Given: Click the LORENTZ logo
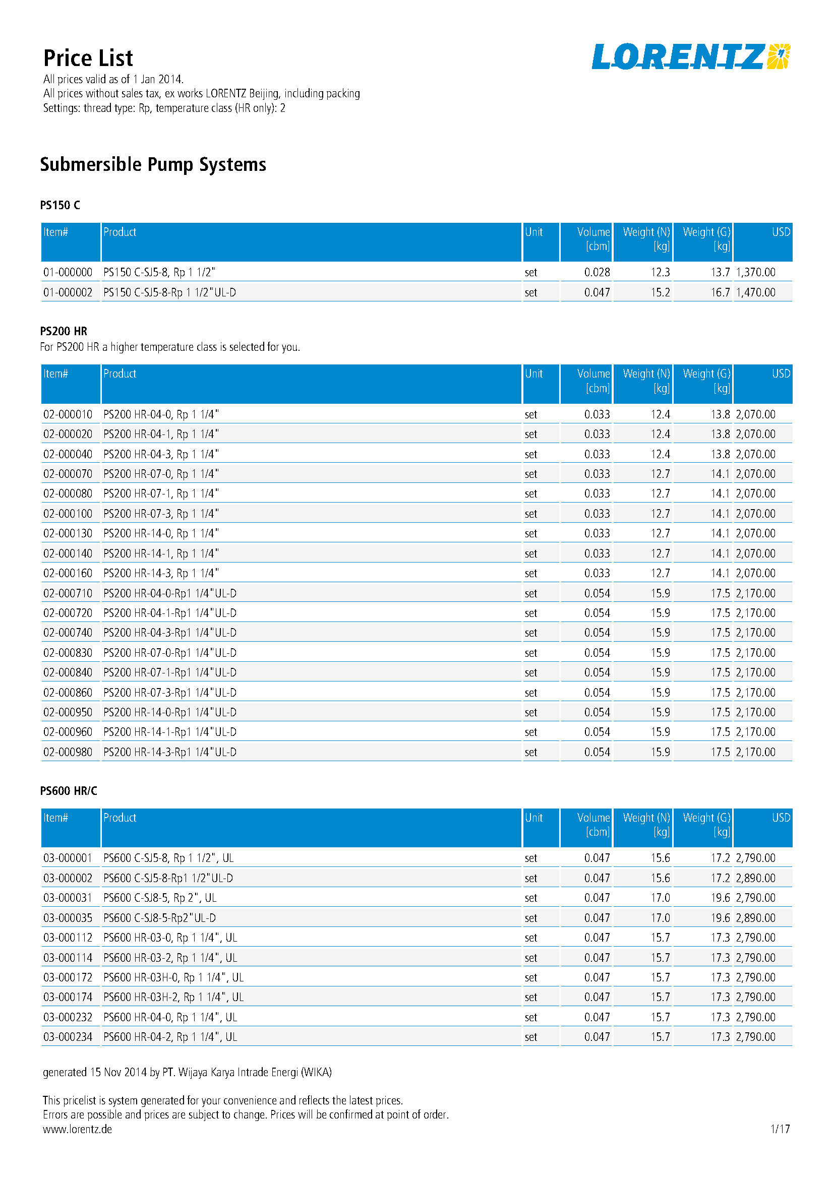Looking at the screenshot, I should pos(690,56).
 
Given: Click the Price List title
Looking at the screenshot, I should pos(88,58).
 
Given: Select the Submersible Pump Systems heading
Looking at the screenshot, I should pos(153,165).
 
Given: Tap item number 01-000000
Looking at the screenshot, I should pos(68,272).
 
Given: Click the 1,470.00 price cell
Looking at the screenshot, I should pos(755,292).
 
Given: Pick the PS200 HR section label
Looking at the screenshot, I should pos(64,331).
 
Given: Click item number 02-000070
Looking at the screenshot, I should pos(68,474).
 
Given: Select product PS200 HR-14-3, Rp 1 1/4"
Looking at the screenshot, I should pos(161,573).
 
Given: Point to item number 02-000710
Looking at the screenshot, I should pos(68,593).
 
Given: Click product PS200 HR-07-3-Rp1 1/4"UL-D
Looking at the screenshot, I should pos(170,693).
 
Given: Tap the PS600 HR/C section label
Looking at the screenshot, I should pos(68,791).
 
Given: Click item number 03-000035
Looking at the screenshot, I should pos(68,917).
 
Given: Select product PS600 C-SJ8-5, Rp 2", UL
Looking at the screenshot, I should pos(160,898).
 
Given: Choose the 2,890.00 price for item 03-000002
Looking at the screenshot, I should pos(755,878).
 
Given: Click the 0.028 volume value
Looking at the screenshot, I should pos(597,272).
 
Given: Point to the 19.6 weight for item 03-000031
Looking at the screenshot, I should pos(720,898).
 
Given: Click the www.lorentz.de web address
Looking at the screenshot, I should pos(77,1129).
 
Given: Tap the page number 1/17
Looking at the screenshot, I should pos(780,1129).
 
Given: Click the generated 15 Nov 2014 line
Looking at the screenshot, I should pos(187,1072).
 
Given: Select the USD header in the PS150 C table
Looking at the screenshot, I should pos(781,232).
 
